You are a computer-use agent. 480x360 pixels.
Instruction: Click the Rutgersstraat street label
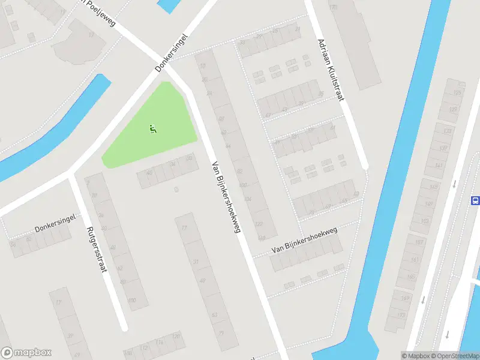pos(97,250)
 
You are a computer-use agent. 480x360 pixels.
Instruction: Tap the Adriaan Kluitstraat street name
pos(331,70)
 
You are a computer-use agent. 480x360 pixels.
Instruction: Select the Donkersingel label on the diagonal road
pos(172,52)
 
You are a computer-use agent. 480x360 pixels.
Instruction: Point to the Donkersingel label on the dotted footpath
pos(53,227)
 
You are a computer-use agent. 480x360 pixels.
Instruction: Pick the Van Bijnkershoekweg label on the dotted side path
pos(305,239)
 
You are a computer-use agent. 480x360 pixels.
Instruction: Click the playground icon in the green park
pos(152,128)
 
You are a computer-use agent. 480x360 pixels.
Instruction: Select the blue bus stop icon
pos(475,201)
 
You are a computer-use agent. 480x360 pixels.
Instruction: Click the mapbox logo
pos(26,353)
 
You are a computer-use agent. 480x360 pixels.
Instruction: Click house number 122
pos(259,224)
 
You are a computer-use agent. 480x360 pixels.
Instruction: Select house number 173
pos(401,314)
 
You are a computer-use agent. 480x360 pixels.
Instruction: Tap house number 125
pos(457,92)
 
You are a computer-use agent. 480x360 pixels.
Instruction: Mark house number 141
pos(439,165)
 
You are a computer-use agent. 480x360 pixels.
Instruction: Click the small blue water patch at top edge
pos(168,5)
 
